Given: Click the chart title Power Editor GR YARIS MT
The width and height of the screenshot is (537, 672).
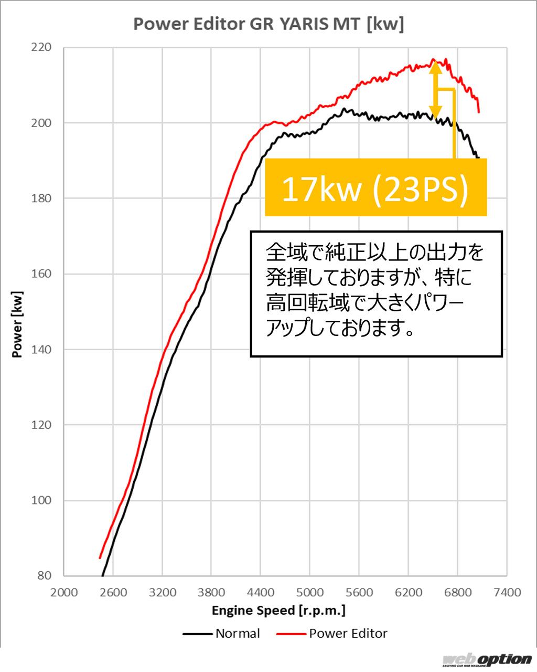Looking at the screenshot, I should click(x=268, y=24).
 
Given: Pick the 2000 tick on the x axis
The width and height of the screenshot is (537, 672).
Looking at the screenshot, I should click(x=64, y=593).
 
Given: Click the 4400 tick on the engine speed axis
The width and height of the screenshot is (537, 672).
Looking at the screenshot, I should click(x=261, y=593).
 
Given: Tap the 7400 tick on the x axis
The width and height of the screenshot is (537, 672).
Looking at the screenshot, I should click(x=507, y=593).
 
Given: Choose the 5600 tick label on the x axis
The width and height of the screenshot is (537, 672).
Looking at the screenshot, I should click(x=359, y=593).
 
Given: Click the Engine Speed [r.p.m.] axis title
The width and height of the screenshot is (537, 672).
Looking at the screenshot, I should click(x=278, y=611).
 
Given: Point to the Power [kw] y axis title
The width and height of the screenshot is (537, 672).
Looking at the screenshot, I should click(x=17, y=324).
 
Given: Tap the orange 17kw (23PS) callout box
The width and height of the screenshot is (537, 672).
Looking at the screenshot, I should click(x=375, y=187).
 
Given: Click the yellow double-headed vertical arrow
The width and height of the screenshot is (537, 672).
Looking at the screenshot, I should click(x=435, y=89).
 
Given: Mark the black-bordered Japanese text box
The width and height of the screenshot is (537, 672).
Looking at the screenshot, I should click(x=376, y=294).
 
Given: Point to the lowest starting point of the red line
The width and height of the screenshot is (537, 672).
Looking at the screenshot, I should click(x=100, y=558).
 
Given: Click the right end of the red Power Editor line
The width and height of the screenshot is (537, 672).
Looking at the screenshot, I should click(x=479, y=112).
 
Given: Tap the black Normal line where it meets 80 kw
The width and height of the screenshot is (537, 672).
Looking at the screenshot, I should click(x=103, y=575).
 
